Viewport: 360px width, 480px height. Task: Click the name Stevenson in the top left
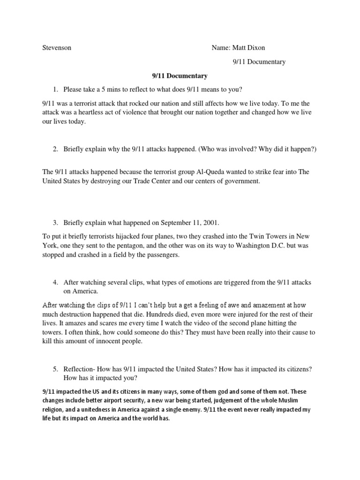click(57, 48)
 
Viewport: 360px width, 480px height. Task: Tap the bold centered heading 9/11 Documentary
click(180, 75)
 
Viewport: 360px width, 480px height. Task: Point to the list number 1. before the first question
click(55, 90)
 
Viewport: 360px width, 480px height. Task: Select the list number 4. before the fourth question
click(55, 282)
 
